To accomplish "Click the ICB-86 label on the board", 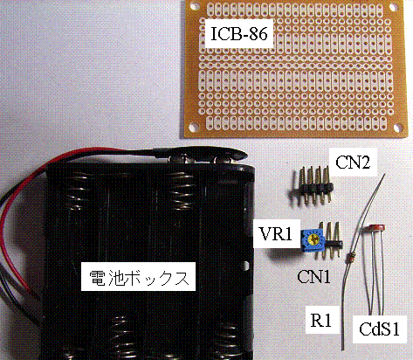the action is (238, 34).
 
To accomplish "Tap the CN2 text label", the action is (353, 162).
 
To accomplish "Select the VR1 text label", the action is (276, 234).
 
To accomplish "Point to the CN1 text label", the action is (314, 276).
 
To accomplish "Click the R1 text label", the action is (321, 320).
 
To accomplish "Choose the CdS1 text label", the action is (379, 329).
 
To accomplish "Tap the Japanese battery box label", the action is (139, 278).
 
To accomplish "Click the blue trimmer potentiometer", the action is (312, 239).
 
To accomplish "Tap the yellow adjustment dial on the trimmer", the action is (313, 239).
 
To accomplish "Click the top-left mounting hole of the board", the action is (194, 7).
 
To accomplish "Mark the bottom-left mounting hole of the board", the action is (193, 127).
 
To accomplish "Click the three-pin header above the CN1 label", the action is (330, 239).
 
